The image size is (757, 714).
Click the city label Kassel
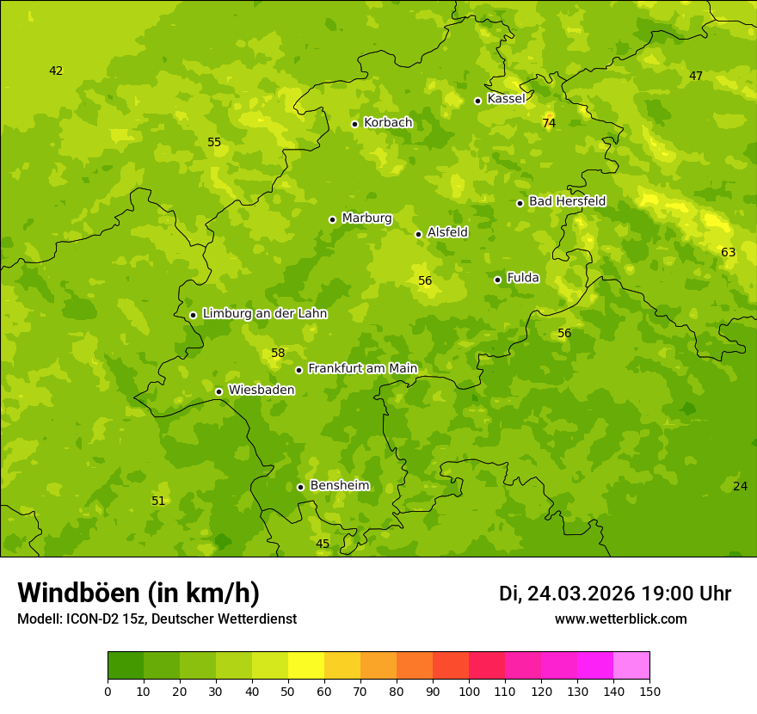point(506,99)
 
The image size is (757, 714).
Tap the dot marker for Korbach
point(354,124)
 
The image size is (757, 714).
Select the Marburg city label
point(366,219)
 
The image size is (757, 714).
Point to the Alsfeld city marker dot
point(418,234)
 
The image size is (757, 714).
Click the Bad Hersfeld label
point(567,201)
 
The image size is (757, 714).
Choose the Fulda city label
point(523,278)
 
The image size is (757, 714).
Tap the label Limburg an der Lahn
point(264,314)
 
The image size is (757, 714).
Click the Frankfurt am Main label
point(362,369)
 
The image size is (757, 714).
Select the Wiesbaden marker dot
point(219,391)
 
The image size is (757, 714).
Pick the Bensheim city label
point(339,486)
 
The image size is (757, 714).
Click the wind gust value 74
point(549,124)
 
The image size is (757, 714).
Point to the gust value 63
point(728,253)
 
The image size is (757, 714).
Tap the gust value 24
point(740,487)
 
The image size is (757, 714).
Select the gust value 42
point(56,71)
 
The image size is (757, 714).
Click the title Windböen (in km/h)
point(138,593)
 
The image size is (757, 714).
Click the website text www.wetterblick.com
point(620,619)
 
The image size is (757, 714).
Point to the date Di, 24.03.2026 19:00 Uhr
point(614,594)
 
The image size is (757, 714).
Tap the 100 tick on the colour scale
point(469,691)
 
